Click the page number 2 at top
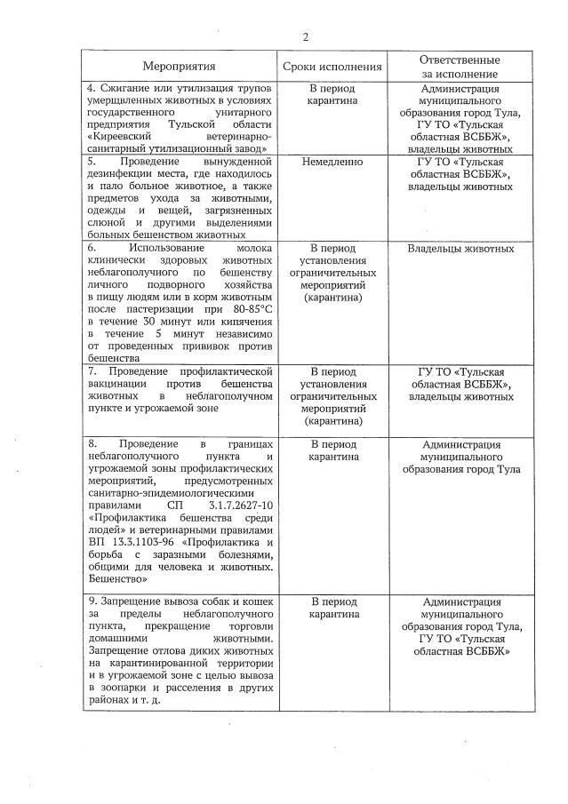coord(306,36)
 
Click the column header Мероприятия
coord(180,66)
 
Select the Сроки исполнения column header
coord(332,66)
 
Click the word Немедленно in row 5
coord(332,163)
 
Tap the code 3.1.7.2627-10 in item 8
coord(236,505)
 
